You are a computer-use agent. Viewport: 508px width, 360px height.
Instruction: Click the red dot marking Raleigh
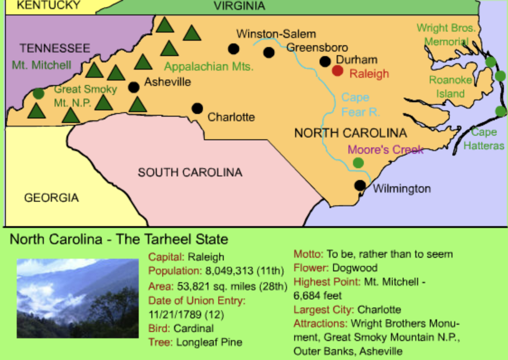pyautogui.click(x=338, y=71)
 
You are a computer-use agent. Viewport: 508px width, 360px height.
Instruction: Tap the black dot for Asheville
pyautogui.click(x=134, y=87)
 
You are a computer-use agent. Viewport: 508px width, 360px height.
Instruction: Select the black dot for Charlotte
pyautogui.click(x=197, y=108)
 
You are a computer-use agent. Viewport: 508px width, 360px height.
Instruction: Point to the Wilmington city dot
pyautogui.click(x=360, y=185)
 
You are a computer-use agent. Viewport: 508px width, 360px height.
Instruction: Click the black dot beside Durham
pyautogui.click(x=325, y=62)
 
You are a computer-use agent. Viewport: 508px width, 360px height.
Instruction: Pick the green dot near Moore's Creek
pyautogui.click(x=358, y=163)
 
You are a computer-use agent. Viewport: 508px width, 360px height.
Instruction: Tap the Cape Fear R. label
pyautogui.click(x=360, y=104)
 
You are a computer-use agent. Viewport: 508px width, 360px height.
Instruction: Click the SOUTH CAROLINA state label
pyautogui.click(x=190, y=172)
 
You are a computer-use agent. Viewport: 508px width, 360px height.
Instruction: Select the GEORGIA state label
pyautogui.click(x=51, y=198)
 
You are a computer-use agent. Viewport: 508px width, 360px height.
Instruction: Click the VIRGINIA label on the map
pyautogui.click(x=239, y=6)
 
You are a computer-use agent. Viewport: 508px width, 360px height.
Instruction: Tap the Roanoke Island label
pyautogui.click(x=450, y=87)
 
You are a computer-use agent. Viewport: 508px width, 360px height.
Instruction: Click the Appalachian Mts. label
pyautogui.click(x=209, y=67)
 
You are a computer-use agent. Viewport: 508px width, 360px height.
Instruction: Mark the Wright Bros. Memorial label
pyautogui.click(x=446, y=35)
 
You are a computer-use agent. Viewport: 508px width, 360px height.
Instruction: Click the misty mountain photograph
pyautogui.click(x=78, y=298)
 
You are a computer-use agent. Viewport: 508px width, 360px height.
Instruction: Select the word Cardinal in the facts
pyautogui.click(x=193, y=328)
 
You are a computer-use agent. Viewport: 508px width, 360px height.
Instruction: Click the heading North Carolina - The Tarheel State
pyautogui.click(x=119, y=239)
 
